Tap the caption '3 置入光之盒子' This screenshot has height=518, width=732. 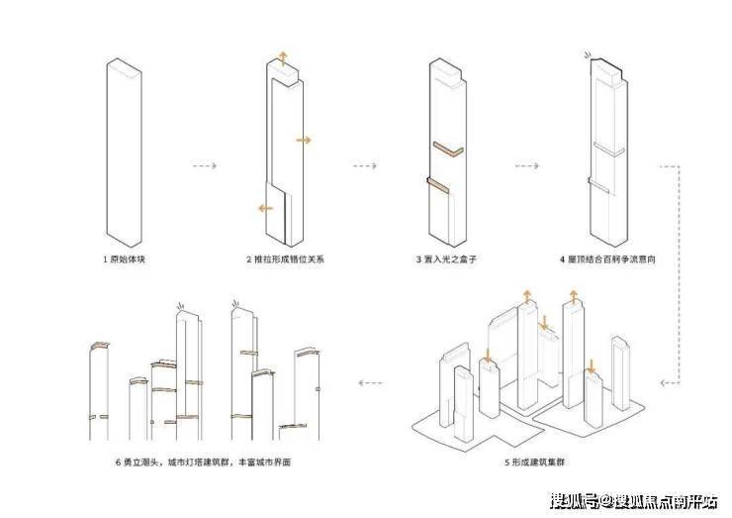point(447,259)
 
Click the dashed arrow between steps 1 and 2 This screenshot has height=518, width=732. point(203,164)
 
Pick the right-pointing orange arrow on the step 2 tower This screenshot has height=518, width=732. point(304,141)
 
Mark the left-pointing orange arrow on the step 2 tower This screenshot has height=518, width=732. point(263,208)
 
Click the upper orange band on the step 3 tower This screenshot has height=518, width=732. point(448,150)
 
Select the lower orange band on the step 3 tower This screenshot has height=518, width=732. point(437,186)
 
